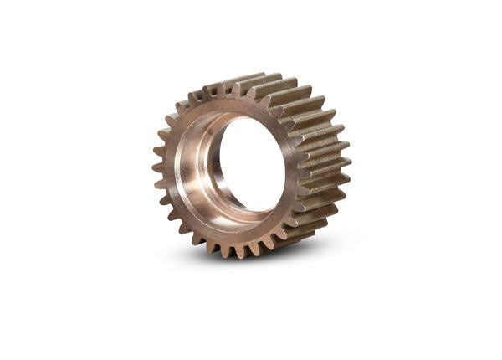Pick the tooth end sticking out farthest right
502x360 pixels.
click(346, 159)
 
